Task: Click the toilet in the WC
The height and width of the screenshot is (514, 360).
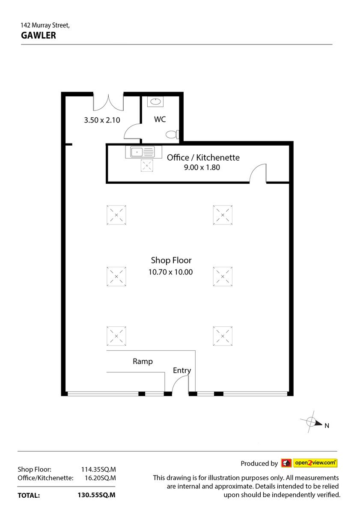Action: click(x=172, y=134)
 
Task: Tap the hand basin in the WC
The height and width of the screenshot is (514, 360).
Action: click(x=155, y=102)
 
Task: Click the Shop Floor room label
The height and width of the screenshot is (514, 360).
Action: click(x=171, y=260)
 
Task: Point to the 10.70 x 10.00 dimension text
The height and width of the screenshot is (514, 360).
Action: click(x=170, y=272)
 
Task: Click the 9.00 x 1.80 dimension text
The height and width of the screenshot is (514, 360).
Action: click(x=202, y=167)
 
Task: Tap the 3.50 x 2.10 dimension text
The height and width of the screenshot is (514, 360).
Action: click(x=102, y=120)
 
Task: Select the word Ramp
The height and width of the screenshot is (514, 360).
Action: click(x=143, y=362)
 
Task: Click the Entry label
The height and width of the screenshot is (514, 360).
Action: click(x=182, y=371)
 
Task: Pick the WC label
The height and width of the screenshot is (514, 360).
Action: click(x=160, y=120)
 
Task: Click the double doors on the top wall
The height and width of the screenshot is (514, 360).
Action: click(x=108, y=102)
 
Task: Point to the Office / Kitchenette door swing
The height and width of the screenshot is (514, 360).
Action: click(x=258, y=173)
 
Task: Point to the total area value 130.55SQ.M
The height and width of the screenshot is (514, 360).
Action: click(x=97, y=495)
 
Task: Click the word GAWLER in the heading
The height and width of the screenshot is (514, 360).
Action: click(x=39, y=35)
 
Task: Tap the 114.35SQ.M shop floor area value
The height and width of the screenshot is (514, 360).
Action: click(x=98, y=469)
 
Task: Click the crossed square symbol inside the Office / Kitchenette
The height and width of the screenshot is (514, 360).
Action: click(x=147, y=165)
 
